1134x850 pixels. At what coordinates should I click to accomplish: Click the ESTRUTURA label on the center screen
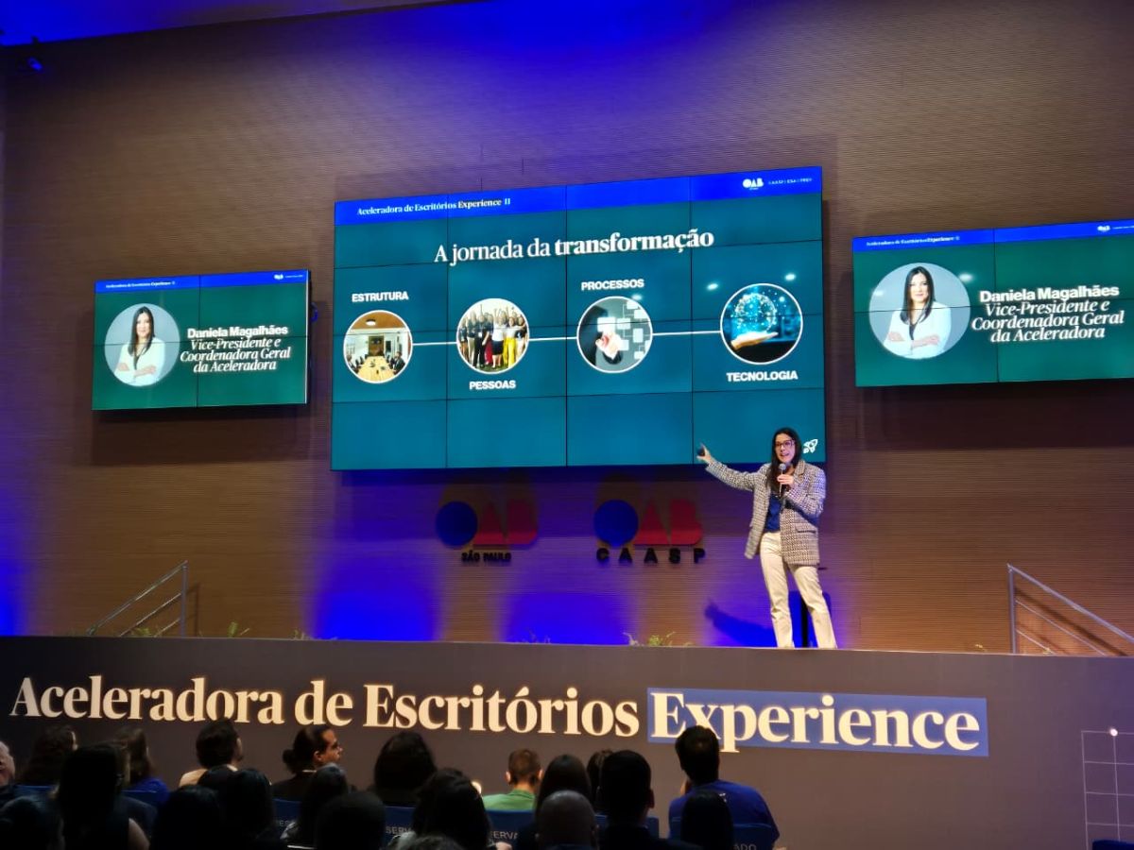point(380,297)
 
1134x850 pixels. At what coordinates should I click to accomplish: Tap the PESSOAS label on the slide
point(492,385)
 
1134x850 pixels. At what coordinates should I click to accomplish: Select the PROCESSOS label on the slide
point(612,284)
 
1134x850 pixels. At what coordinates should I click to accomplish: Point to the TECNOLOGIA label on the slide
point(762,376)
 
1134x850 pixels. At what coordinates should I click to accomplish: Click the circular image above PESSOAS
point(492,335)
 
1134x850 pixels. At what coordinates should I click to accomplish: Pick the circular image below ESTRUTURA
point(377,347)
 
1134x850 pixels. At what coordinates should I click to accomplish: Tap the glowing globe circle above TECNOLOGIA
point(761,324)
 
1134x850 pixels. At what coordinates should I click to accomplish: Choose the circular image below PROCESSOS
point(614,334)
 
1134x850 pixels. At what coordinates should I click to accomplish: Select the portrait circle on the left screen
point(142,345)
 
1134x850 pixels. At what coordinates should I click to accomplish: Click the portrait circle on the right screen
point(919,311)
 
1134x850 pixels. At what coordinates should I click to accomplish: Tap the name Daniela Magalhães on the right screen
point(1048,294)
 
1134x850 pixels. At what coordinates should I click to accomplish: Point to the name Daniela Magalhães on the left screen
point(237,331)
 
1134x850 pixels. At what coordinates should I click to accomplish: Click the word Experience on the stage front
point(816,722)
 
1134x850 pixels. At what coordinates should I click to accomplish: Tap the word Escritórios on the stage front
point(501,709)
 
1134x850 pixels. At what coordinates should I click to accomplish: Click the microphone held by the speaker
point(782,470)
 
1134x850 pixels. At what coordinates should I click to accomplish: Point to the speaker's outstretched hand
point(704,455)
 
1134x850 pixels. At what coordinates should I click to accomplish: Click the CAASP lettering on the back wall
point(650,555)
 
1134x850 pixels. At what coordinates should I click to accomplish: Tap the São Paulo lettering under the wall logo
point(486,557)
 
